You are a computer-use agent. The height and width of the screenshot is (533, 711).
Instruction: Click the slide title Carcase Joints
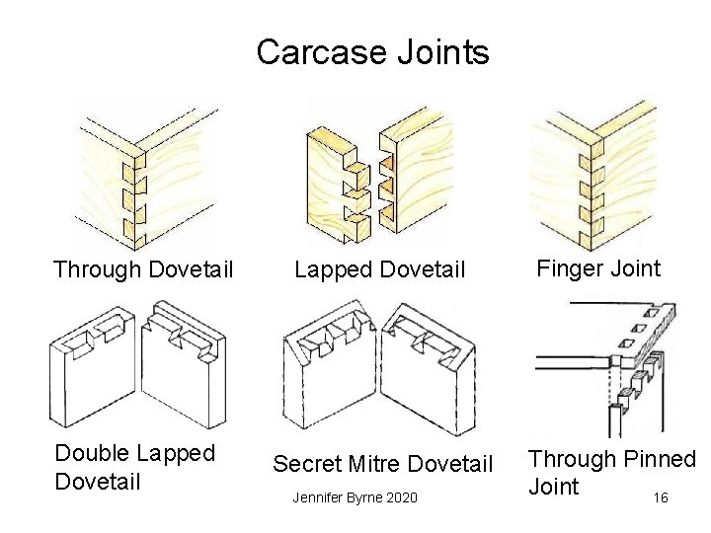pyautogui.click(x=372, y=51)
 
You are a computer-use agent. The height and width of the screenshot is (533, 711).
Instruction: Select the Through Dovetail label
pyautogui.click(x=143, y=268)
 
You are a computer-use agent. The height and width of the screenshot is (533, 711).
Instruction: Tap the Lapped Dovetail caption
pyautogui.click(x=379, y=269)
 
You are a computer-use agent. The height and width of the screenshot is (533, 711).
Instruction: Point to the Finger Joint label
pyautogui.click(x=598, y=267)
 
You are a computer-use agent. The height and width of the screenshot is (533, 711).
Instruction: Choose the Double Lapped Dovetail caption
pyautogui.click(x=134, y=467)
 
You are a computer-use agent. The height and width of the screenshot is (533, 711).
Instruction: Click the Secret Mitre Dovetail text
pyautogui.click(x=382, y=463)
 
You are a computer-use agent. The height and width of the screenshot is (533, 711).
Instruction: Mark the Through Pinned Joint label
pyautogui.click(x=611, y=472)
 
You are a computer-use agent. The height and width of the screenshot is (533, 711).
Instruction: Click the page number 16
pyautogui.click(x=660, y=497)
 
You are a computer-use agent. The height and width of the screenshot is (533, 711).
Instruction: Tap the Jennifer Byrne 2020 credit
pyautogui.click(x=355, y=497)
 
